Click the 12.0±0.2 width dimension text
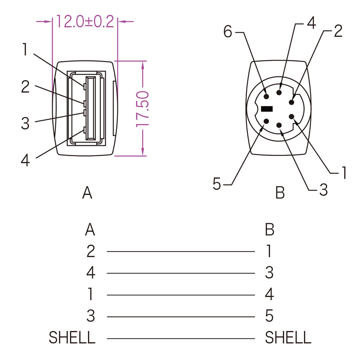(x=85, y=22)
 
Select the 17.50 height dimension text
(x=143, y=109)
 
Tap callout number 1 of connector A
(x=25, y=49)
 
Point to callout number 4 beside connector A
(x=25, y=160)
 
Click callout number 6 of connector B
(x=228, y=31)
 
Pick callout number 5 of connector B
(x=217, y=184)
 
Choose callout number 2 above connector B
(x=338, y=31)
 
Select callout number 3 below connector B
(x=323, y=189)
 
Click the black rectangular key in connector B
(x=267, y=109)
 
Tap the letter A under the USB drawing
(x=87, y=193)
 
